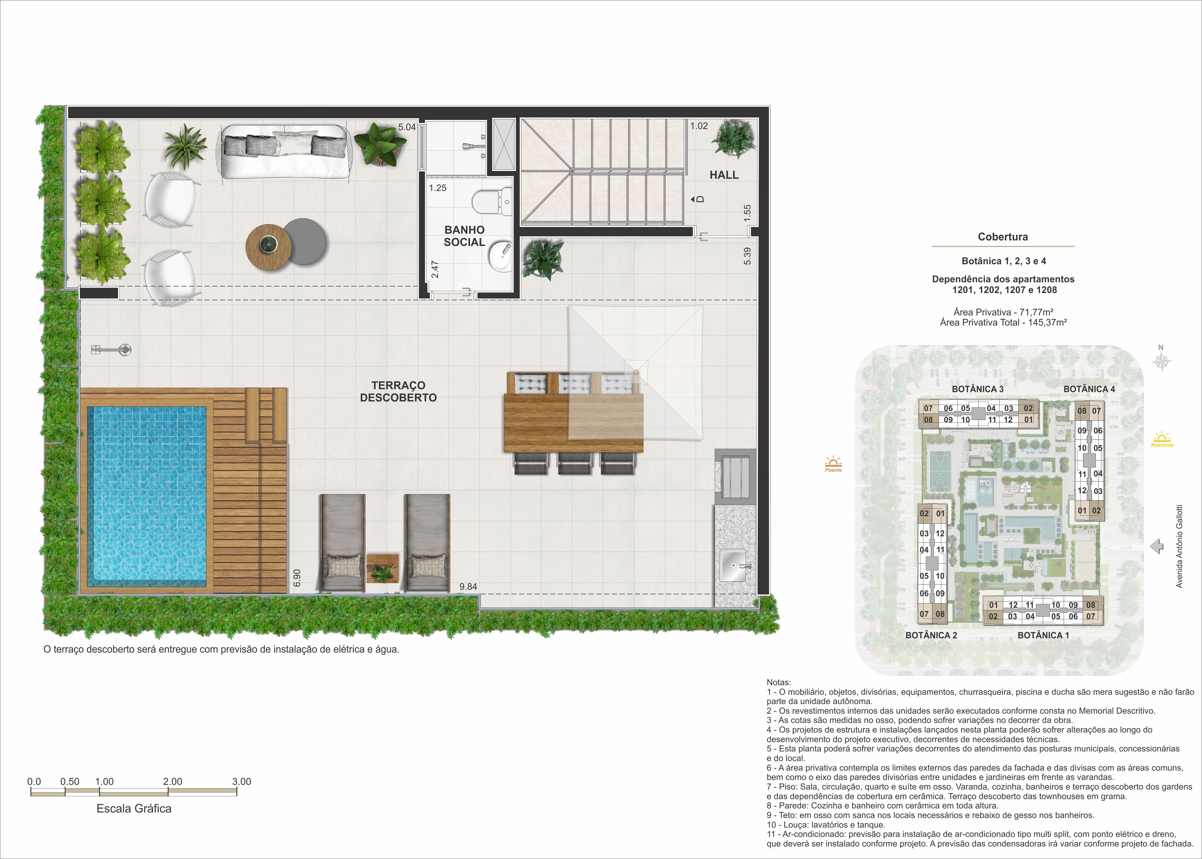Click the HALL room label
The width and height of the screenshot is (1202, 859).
point(724,175)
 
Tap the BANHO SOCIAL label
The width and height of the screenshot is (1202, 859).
point(464,236)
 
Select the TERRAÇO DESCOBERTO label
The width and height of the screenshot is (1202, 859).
point(398,391)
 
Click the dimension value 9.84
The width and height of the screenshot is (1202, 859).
point(468,587)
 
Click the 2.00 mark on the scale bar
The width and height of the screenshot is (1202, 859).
point(172,781)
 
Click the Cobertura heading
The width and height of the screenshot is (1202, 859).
point(1003,237)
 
